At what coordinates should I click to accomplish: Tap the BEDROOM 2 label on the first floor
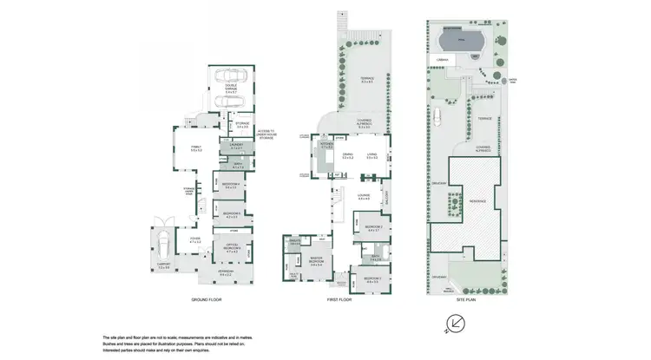(x=374, y=229)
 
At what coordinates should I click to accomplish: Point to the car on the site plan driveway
(x=440, y=118)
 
